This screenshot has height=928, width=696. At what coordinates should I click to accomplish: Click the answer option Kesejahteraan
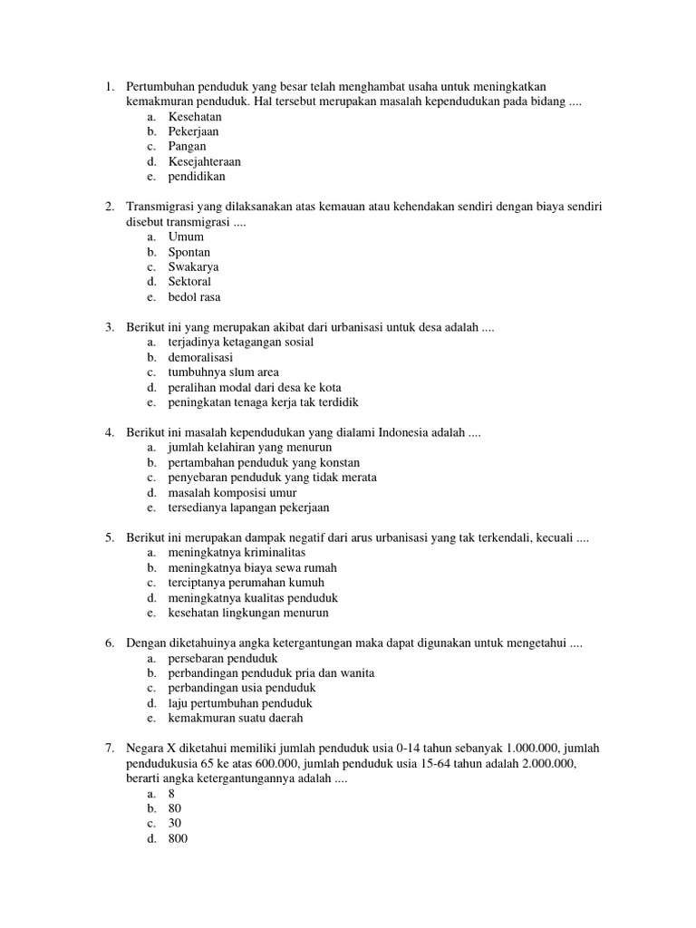tap(204, 161)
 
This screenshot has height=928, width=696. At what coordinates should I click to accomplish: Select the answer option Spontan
tap(188, 252)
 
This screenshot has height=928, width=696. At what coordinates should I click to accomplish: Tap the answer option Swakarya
tap(193, 267)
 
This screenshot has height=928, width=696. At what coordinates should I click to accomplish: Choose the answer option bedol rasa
tap(194, 297)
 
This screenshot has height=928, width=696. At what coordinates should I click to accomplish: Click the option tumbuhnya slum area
tap(223, 372)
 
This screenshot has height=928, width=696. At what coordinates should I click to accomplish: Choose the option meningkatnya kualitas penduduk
tap(253, 598)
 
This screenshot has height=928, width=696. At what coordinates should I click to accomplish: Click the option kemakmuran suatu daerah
tap(236, 719)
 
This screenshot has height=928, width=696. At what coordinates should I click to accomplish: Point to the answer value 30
tap(175, 824)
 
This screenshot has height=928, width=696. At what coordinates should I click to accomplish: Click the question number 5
tap(109, 538)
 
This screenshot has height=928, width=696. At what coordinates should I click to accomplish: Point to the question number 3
tap(109, 327)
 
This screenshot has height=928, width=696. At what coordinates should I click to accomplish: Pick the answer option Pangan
tap(187, 146)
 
